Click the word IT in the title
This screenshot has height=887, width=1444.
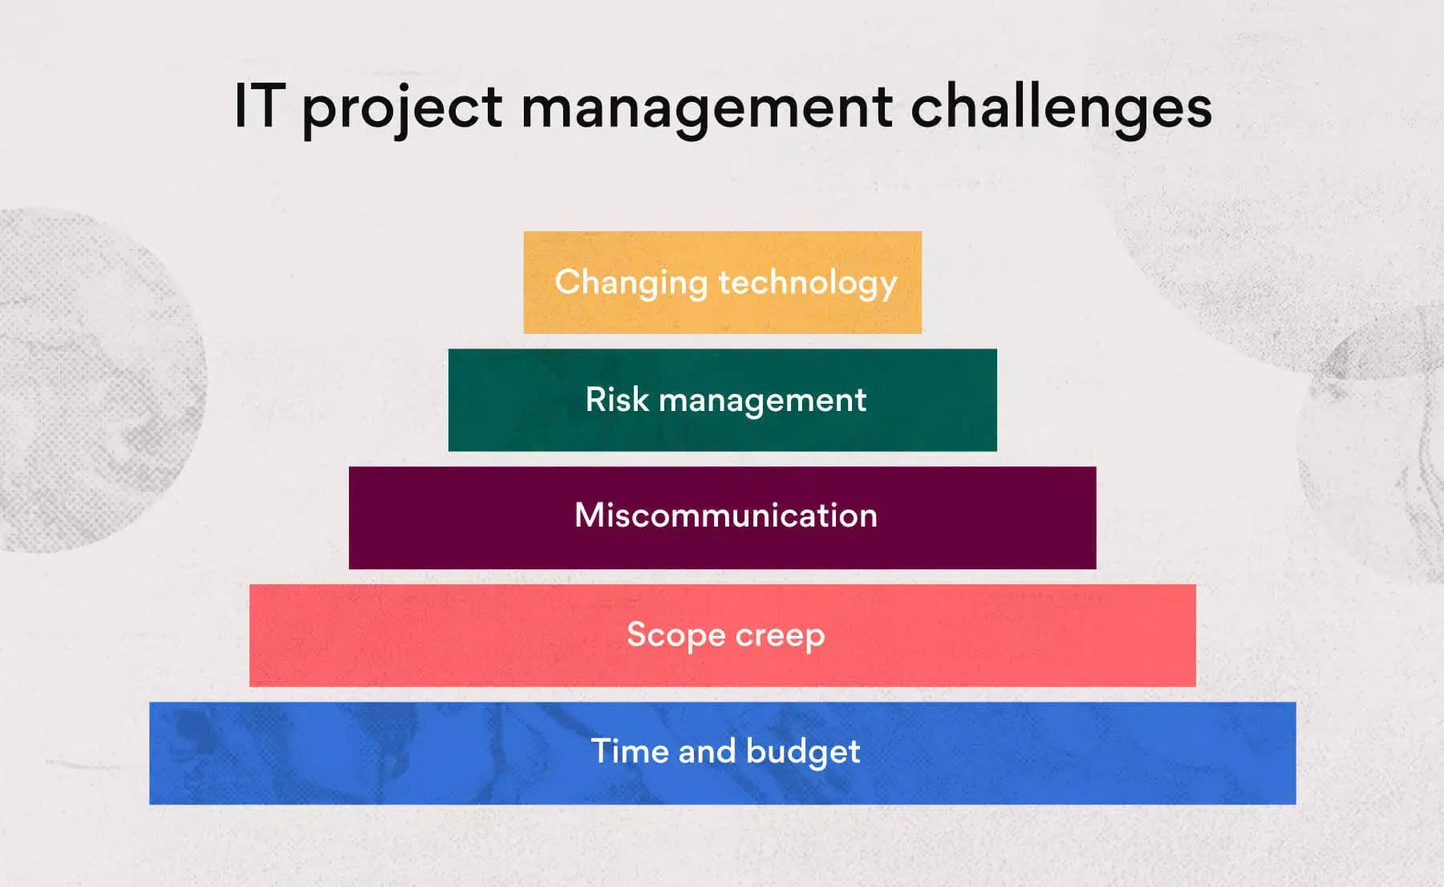[x=259, y=105]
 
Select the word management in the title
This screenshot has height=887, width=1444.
[x=707, y=111]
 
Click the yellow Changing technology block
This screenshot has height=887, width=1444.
[x=722, y=283]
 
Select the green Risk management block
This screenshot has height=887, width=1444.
[x=722, y=400]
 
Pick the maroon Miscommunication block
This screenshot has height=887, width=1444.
[x=722, y=518]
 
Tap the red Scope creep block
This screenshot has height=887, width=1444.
[x=722, y=635]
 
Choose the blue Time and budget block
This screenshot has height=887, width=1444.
[x=722, y=753]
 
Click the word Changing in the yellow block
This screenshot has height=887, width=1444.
[x=631, y=283]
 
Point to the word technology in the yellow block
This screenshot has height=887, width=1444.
[x=807, y=283]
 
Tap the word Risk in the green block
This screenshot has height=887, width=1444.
[x=616, y=399]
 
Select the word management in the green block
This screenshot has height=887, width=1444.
[x=762, y=401]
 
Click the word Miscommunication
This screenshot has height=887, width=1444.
[x=726, y=515]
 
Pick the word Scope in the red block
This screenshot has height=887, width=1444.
[x=675, y=636]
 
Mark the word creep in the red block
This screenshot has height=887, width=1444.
[x=780, y=637]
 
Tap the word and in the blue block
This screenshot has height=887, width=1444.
[x=706, y=751]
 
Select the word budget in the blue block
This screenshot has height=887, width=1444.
[x=802, y=753]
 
